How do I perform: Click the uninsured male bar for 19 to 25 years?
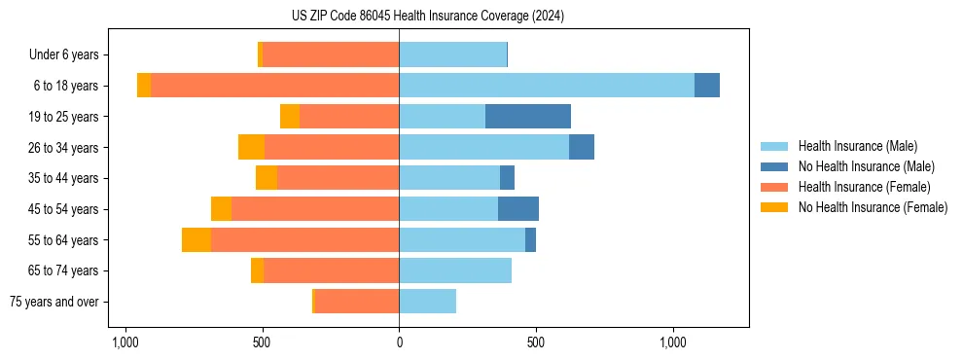pyautogui.click(x=528, y=117)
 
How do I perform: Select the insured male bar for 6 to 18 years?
pyautogui.click(x=547, y=86)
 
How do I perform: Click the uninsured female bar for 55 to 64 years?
pyautogui.click(x=196, y=240)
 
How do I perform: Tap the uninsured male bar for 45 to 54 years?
pyautogui.click(x=518, y=209)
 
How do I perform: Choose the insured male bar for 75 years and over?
pyautogui.click(x=427, y=302)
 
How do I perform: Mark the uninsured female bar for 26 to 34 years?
pyautogui.click(x=251, y=148)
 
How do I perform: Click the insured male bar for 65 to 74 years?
pyautogui.click(x=455, y=270)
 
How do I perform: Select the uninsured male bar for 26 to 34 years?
pyautogui.click(x=582, y=148)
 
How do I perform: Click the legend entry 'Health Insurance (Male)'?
pyautogui.click(x=857, y=146)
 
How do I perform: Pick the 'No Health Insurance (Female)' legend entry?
pyautogui.click(x=873, y=207)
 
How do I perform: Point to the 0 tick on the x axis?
pyautogui.click(x=399, y=342)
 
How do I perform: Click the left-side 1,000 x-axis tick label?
pyautogui.click(x=124, y=342)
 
